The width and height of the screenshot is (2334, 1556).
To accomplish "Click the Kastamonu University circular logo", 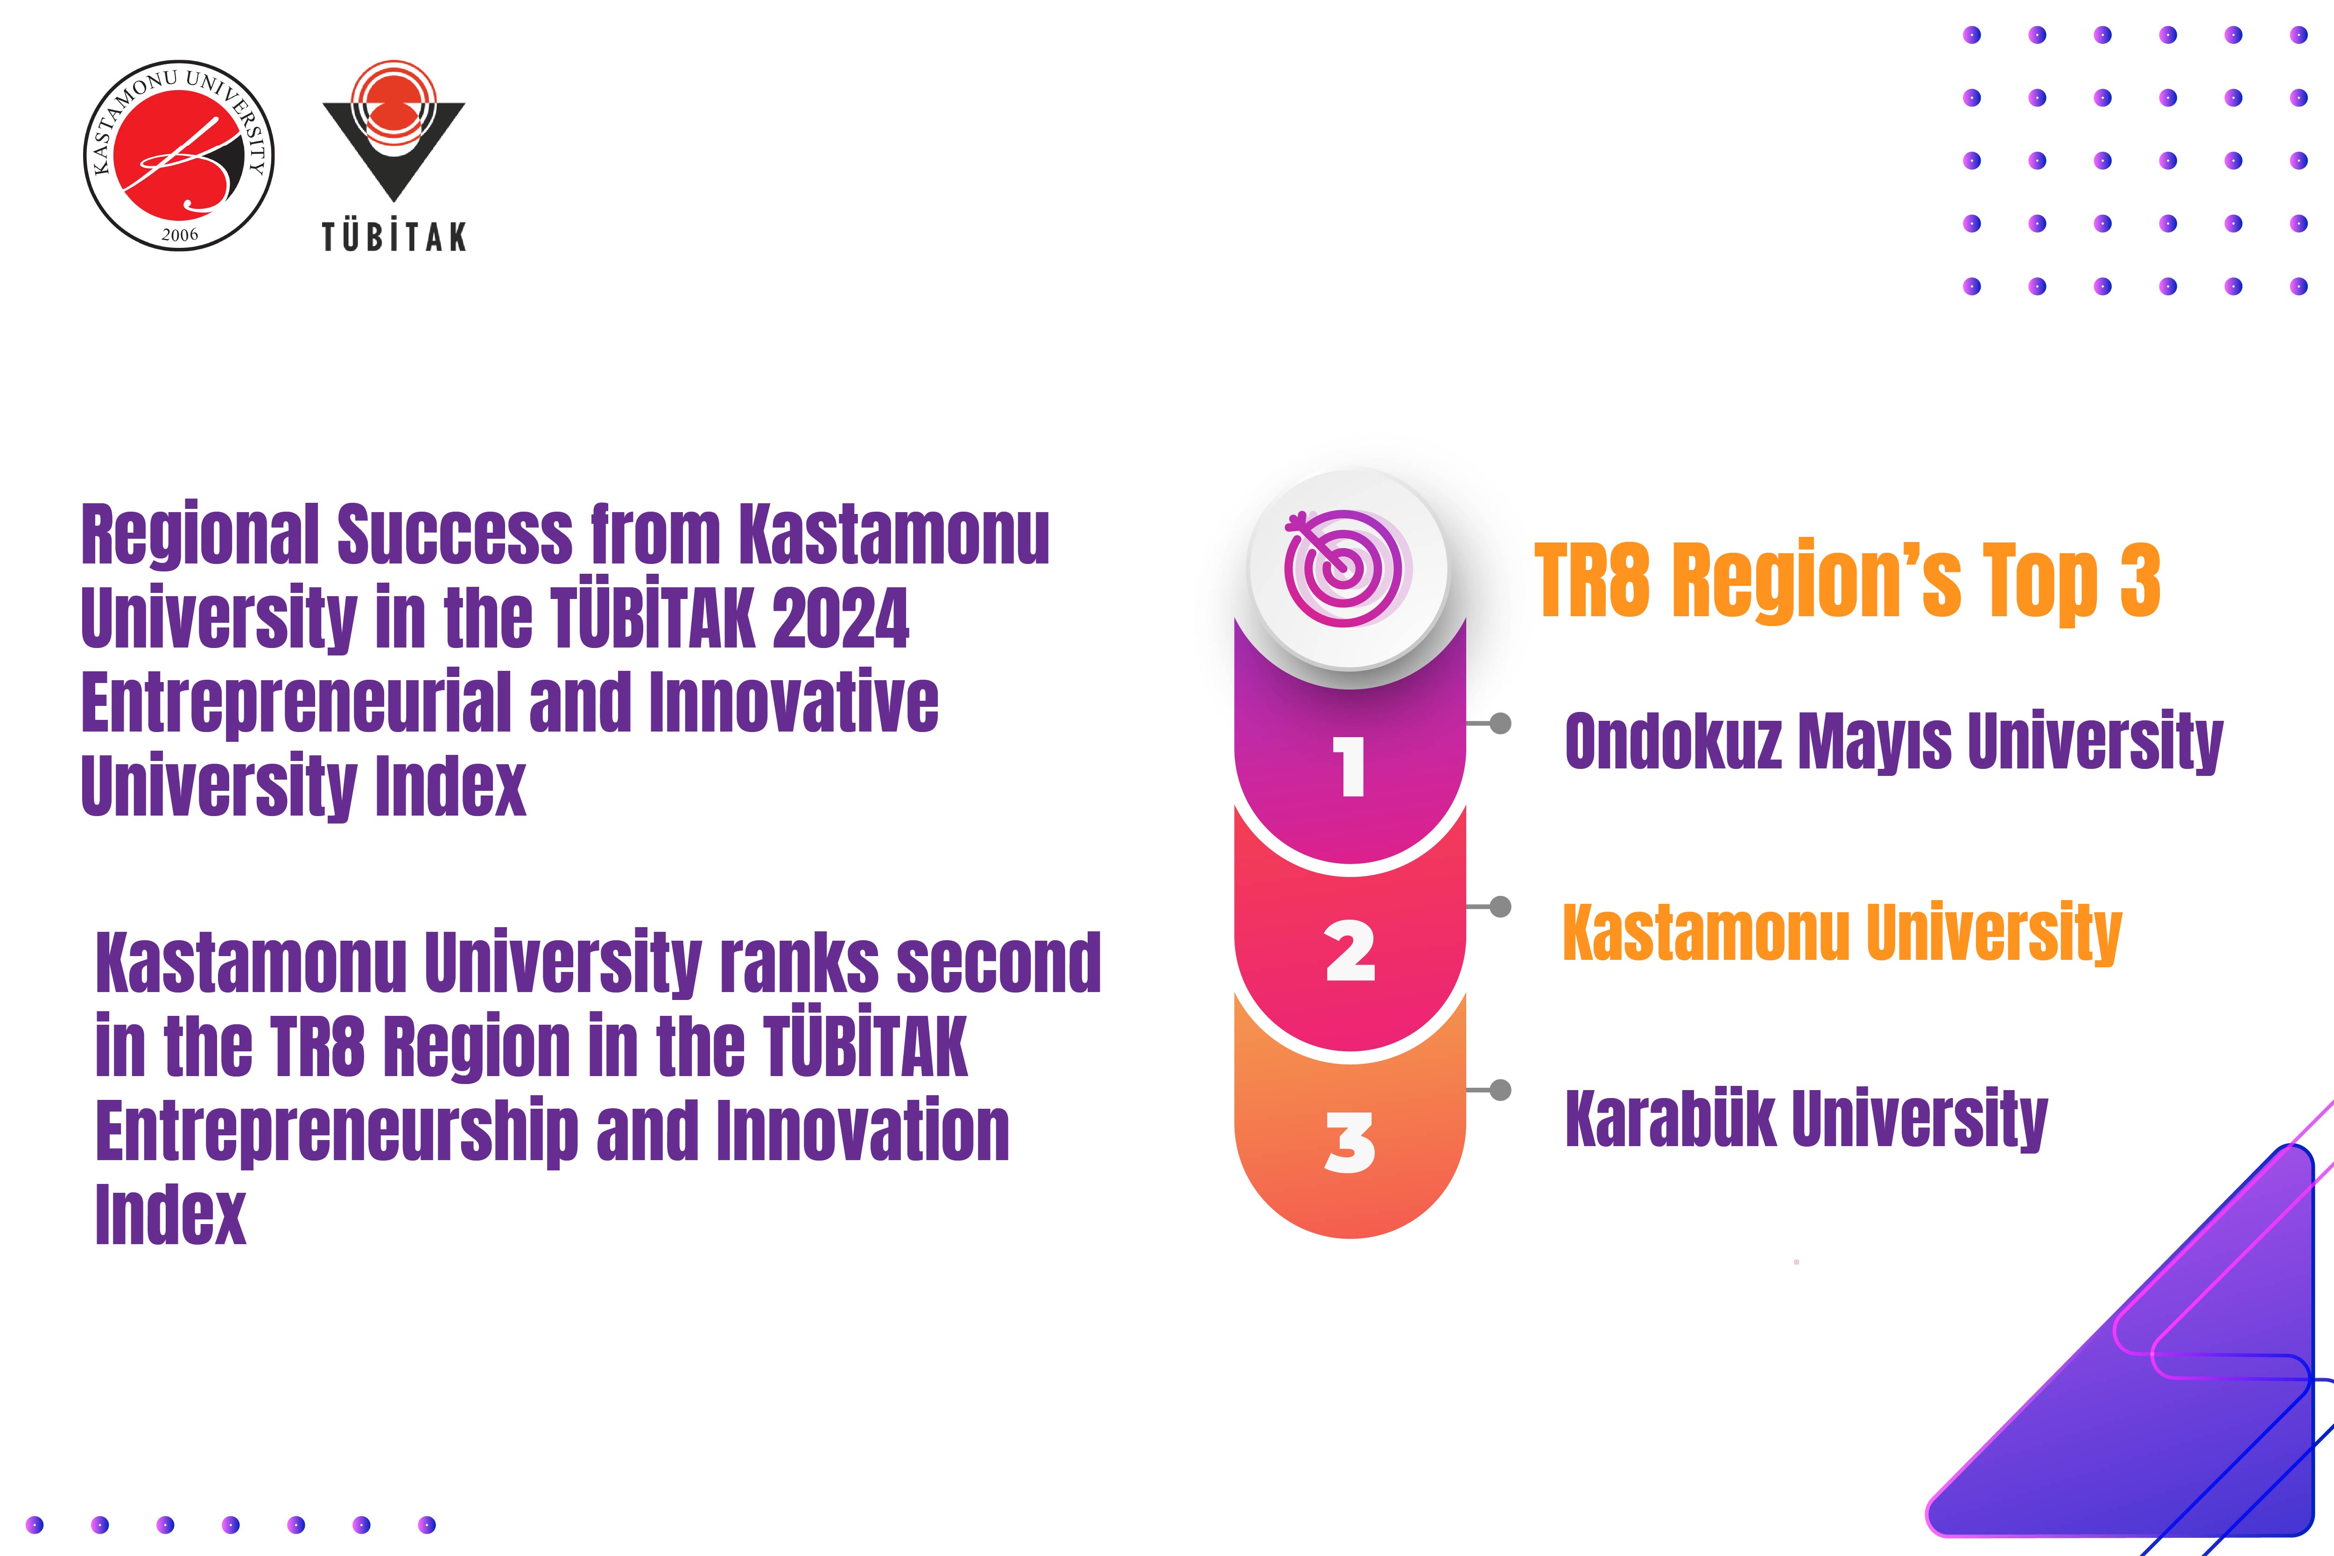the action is coord(179,155).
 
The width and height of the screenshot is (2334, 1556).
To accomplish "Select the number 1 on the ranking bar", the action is coord(1350,766).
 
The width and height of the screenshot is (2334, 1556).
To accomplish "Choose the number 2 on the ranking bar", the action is coord(1350,950).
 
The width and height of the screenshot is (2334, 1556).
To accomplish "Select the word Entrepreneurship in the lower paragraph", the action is coord(337,1132).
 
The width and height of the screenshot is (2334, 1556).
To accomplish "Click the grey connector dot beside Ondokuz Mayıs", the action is coord(1500,724).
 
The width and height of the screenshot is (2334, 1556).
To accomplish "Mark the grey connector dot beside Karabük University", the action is coord(1500,1091).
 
